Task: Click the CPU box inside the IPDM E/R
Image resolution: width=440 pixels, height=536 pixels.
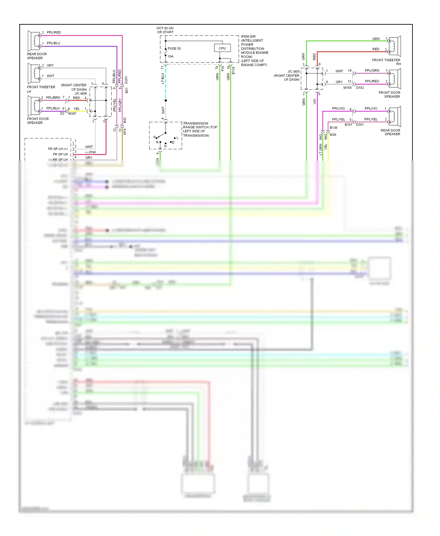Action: (222, 48)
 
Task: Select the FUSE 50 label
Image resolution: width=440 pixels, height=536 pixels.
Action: (174, 48)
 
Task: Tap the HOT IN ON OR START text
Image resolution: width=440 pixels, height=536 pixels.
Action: (165, 30)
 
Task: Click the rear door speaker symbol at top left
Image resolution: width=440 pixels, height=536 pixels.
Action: (34, 41)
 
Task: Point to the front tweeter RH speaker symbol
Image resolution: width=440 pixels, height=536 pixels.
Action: (395, 46)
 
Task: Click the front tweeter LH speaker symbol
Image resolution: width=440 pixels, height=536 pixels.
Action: (34, 74)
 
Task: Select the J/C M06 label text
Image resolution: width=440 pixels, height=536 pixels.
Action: (81, 94)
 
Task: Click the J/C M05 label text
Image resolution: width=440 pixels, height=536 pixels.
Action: (294, 72)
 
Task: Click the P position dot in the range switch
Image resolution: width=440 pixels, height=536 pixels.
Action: (156, 138)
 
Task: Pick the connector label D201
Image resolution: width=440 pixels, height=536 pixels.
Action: (126, 80)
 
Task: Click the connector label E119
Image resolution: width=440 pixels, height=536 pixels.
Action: (233, 70)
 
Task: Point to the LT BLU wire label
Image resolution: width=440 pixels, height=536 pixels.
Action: (163, 79)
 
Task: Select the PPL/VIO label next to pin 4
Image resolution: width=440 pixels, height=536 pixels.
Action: (338, 108)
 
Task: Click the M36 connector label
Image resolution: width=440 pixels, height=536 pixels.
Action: (333, 135)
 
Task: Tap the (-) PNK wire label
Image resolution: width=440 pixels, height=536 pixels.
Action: (91, 152)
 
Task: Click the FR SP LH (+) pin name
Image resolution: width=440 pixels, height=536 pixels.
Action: (58, 149)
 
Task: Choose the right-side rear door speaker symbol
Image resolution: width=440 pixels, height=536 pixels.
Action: (395, 117)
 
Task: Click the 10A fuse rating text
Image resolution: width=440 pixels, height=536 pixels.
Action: (171, 56)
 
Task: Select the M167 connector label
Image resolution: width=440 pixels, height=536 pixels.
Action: (72, 114)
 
